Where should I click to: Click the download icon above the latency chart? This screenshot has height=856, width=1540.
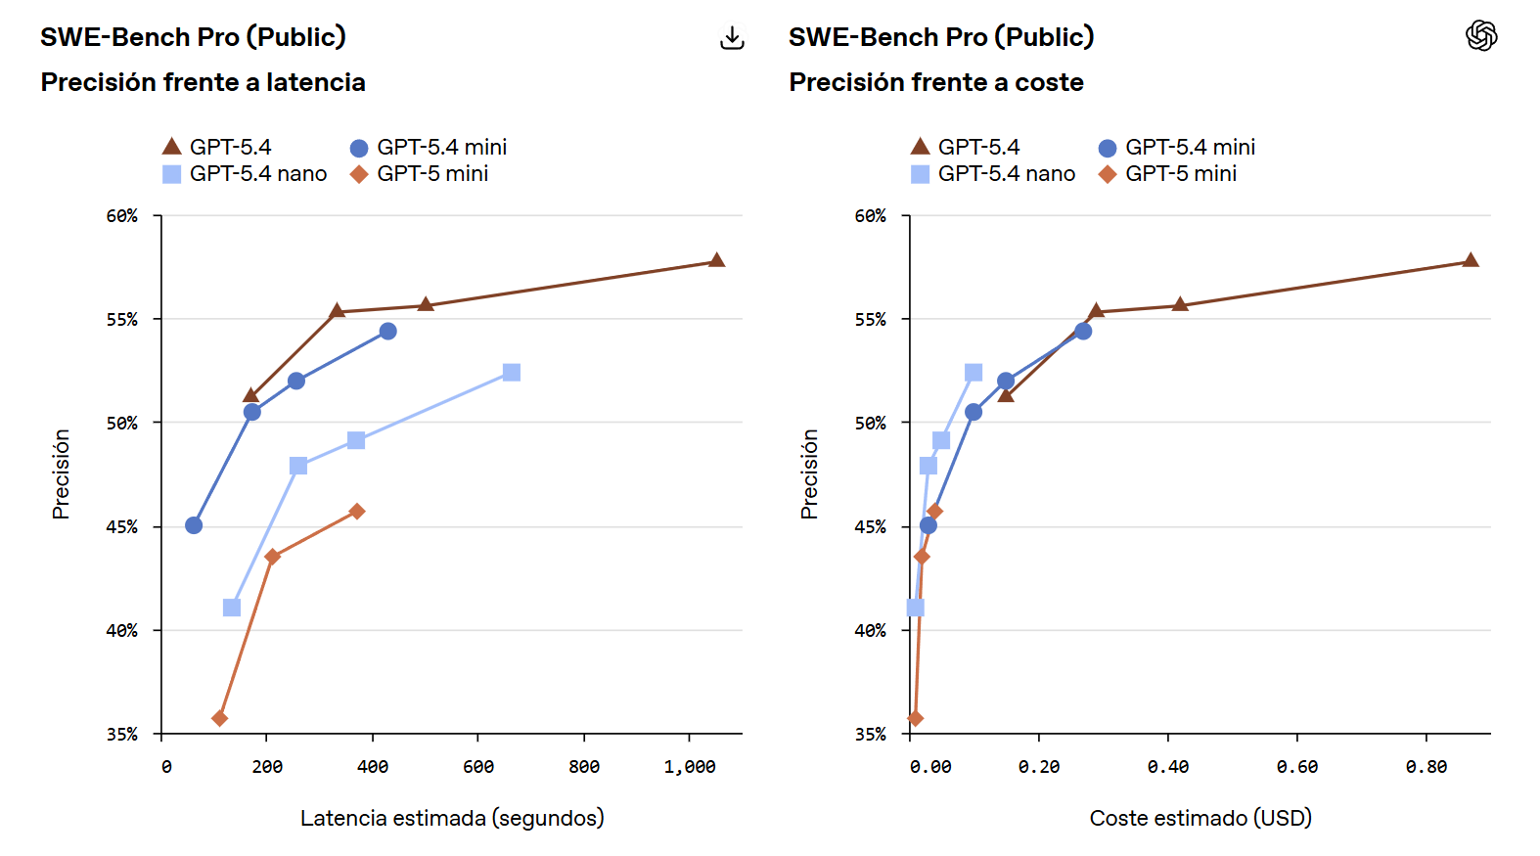(x=732, y=38)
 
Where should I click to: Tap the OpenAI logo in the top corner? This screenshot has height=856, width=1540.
(x=1481, y=36)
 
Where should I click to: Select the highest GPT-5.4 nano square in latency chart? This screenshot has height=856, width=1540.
(x=512, y=373)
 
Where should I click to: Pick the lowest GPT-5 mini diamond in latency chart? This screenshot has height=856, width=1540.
(x=220, y=718)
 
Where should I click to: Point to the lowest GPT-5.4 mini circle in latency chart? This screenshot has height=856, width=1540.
(x=194, y=525)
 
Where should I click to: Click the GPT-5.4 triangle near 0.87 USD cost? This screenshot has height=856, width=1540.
(x=1471, y=260)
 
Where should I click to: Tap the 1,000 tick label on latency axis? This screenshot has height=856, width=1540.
(x=689, y=767)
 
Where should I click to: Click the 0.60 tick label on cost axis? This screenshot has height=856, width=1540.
(x=1296, y=767)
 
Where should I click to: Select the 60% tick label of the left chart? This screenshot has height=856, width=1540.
(x=122, y=216)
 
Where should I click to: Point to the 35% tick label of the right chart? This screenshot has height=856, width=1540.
(x=870, y=734)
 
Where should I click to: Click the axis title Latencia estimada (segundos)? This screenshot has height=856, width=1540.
(x=452, y=818)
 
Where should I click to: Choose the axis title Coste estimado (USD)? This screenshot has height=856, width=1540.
(x=1200, y=818)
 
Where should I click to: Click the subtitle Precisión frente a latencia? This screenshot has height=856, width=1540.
(x=204, y=82)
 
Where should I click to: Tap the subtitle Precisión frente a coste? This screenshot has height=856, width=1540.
(x=936, y=82)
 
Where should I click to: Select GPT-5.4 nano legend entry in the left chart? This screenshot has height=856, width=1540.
(x=245, y=174)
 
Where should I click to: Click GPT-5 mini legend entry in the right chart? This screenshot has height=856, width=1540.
(x=1168, y=174)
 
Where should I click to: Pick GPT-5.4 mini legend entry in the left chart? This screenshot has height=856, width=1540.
(x=429, y=148)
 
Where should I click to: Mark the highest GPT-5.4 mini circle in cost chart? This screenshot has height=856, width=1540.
(x=1083, y=332)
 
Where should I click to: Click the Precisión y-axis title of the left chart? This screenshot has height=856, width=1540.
(x=61, y=474)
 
